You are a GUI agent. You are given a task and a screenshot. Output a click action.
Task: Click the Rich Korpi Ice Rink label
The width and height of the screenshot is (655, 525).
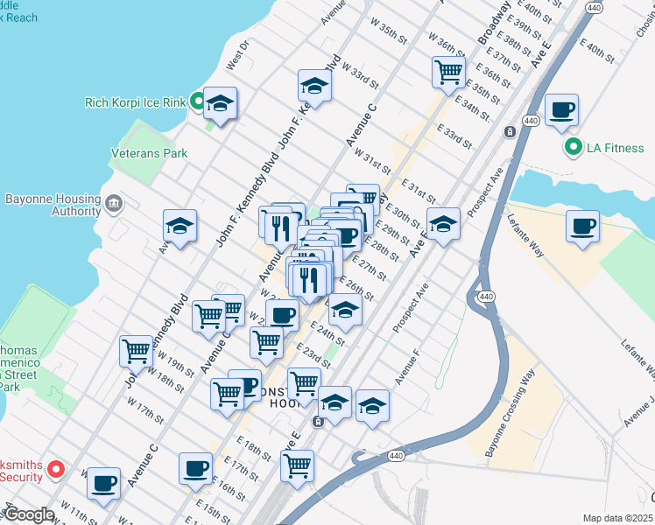135,102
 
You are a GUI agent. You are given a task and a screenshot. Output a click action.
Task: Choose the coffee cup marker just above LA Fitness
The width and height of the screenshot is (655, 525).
561,110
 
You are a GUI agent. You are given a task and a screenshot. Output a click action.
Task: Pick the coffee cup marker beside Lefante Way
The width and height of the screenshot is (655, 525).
582,227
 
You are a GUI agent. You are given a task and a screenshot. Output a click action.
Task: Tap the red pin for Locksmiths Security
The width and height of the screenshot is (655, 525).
54,470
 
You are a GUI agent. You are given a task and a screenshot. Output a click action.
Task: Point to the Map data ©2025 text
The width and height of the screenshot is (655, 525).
617,518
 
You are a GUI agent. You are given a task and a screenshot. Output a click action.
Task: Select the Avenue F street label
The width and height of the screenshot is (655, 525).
407,367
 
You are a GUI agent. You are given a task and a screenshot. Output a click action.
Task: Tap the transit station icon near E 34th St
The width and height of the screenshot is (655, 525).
509,131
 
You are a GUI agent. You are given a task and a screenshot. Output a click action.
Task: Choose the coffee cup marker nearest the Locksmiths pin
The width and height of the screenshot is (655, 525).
104,482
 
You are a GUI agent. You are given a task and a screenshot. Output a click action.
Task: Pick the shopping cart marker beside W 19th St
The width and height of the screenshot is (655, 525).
137,352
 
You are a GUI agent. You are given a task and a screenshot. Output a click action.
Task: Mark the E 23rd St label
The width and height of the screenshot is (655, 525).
312,354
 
